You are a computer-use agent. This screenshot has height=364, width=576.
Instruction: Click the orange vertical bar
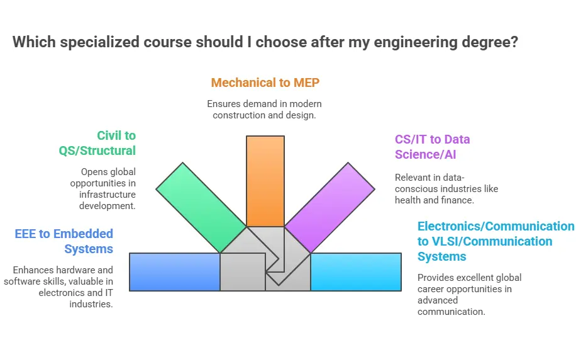tap(265, 181)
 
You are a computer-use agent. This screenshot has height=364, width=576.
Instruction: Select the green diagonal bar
tap(201, 208)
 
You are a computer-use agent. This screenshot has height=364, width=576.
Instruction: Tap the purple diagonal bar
tap(330, 208)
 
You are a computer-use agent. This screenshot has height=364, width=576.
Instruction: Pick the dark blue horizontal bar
tap(175, 272)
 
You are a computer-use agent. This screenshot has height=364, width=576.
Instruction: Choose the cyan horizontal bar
tap(356, 272)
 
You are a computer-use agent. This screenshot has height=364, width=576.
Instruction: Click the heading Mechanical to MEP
tap(265, 82)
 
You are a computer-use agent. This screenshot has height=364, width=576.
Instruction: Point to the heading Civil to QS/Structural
tap(97, 143)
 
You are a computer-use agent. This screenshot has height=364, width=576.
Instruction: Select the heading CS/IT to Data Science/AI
tap(433, 147)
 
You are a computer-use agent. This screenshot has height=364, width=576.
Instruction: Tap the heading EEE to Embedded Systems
tap(64, 241)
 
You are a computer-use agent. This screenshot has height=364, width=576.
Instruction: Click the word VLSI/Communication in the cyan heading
tap(492, 241)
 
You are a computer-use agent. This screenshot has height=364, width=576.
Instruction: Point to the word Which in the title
tap(34, 42)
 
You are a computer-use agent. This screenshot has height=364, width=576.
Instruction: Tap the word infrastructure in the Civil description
tap(108, 195)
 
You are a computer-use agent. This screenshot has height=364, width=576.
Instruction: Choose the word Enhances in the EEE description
tap(31, 270)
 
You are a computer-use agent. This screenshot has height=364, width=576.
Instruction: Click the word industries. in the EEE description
tap(91, 304)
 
